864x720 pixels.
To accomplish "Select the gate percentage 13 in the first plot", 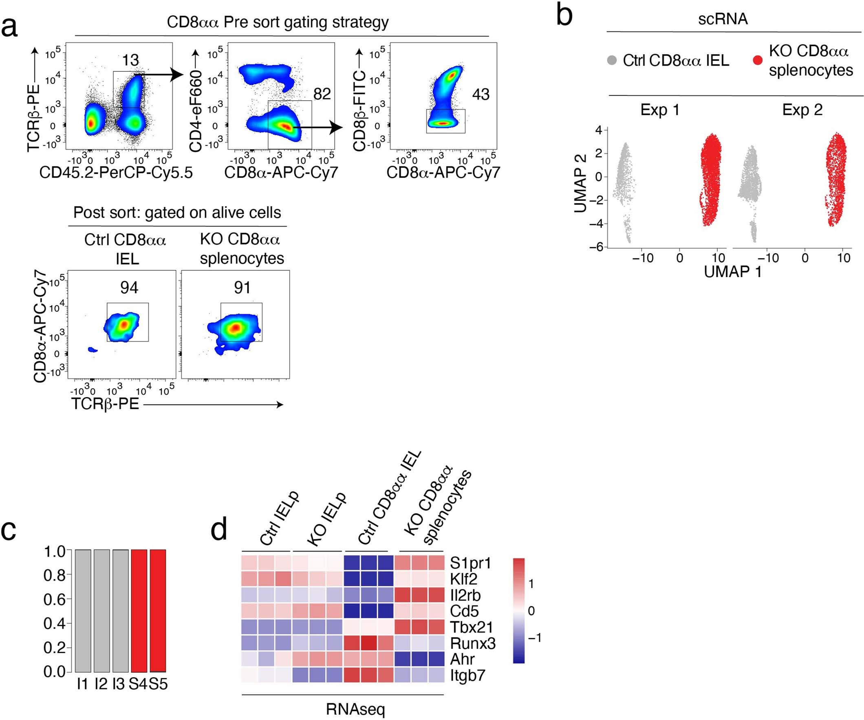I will click(130, 60).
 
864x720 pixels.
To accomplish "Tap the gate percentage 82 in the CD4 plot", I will click(322, 94).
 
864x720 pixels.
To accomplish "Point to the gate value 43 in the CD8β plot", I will click(481, 95).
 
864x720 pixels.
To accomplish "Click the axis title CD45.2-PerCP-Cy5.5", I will click(116, 172).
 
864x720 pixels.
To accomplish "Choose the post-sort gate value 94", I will click(129, 288).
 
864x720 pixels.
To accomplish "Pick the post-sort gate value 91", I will click(242, 288).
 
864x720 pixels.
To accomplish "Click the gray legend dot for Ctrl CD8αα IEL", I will click(612, 60).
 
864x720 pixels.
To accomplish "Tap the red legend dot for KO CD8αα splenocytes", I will click(758, 60).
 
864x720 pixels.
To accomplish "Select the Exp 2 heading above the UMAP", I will click(802, 110).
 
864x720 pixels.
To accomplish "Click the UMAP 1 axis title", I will click(733, 272).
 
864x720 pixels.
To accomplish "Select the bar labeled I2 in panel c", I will click(101, 610).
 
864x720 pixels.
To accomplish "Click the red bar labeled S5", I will click(158, 610).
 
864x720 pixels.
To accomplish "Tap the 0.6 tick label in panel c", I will click(55, 599).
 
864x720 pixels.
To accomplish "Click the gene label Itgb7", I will click(468, 676).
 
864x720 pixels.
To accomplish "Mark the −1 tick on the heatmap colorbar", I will click(534, 638).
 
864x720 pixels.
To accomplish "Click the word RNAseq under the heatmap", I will click(355, 709).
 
